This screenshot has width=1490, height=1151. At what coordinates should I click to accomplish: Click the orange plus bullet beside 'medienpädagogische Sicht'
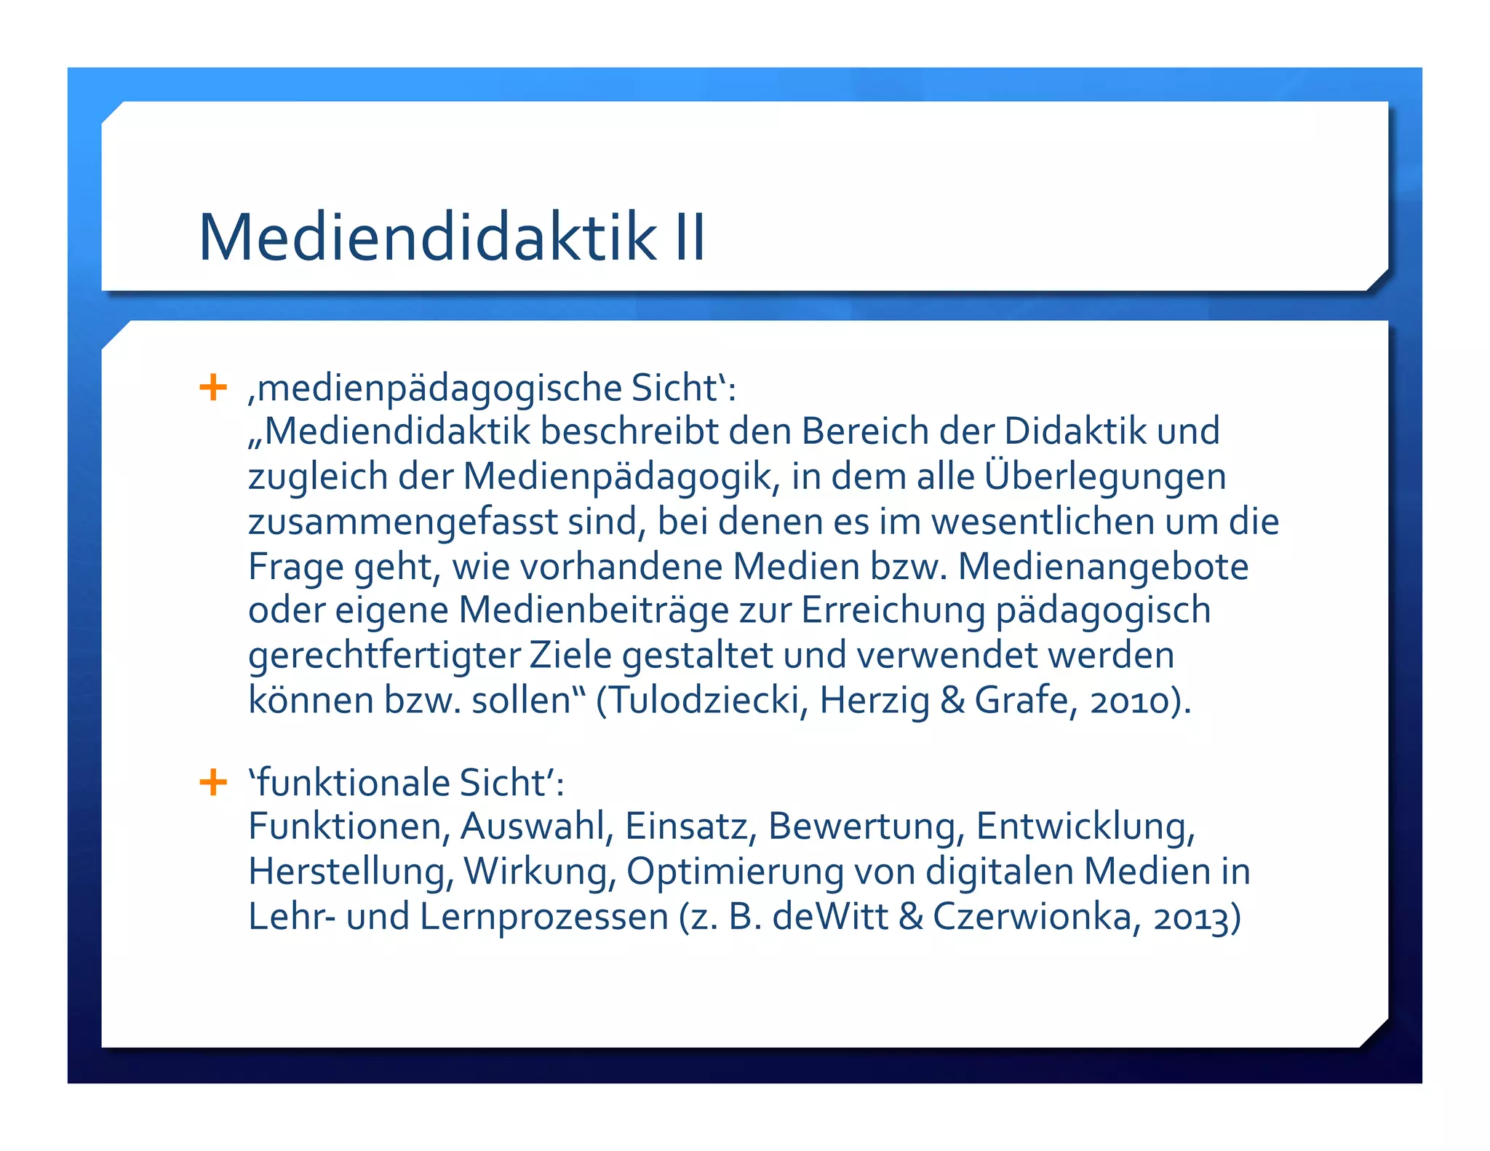pos(213,387)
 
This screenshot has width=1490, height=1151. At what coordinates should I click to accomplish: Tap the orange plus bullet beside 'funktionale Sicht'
pos(213,783)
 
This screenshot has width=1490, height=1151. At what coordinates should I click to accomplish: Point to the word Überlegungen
pos(1105,477)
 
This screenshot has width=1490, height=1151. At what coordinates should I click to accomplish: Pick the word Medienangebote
pos(1103,567)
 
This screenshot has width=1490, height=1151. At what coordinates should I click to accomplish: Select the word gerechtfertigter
pos(383,656)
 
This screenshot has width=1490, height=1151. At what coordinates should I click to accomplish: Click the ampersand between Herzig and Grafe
pos(952,701)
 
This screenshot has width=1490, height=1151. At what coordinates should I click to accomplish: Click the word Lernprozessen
pos(544,917)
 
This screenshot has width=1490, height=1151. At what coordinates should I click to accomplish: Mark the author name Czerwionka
pos(1032,917)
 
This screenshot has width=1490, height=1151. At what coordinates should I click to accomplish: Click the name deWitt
pos(830,917)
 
